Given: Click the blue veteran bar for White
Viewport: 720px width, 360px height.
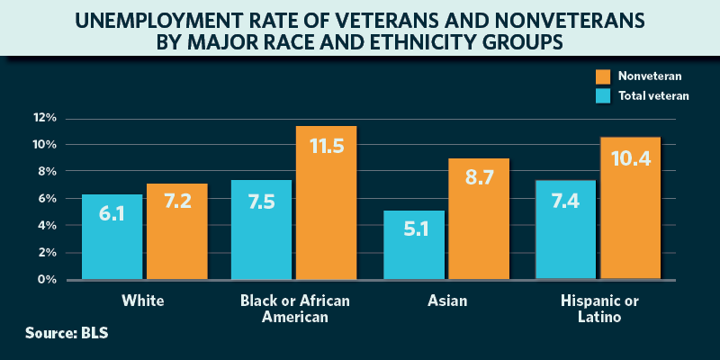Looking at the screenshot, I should click(112, 237).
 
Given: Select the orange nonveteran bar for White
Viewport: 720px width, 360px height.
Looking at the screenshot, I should click(177, 231).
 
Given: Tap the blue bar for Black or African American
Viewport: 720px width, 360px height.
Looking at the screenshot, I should click(261, 229).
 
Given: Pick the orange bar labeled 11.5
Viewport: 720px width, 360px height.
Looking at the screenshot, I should click(327, 202).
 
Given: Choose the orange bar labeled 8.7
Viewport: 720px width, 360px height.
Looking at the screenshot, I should click(479, 219).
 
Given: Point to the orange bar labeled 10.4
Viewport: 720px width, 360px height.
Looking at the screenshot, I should click(630, 208).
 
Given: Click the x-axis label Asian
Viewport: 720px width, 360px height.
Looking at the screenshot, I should click(446, 300).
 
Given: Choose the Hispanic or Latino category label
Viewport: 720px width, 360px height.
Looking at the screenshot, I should click(597, 308).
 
